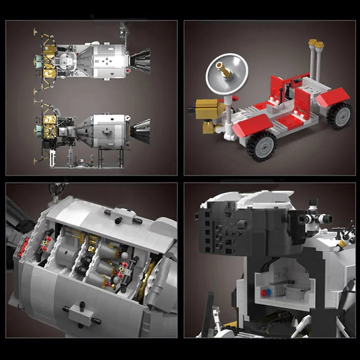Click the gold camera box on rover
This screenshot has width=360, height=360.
tap(208, 110)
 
